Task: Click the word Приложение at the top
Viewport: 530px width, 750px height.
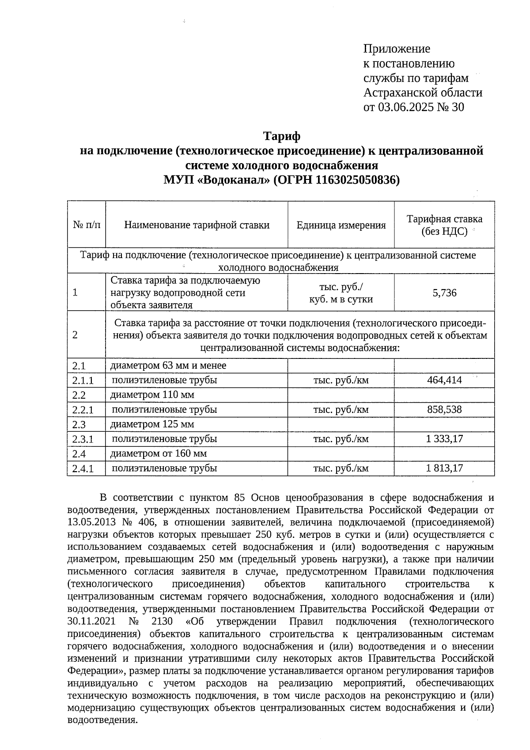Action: click(396, 49)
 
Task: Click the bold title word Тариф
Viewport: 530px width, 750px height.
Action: click(282, 136)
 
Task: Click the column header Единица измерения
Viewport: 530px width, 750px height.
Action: click(341, 225)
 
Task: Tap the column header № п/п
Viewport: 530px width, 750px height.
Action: click(87, 225)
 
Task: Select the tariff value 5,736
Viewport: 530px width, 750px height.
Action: click(444, 293)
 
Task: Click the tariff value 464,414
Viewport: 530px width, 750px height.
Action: click(444, 380)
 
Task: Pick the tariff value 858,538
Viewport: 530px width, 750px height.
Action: click(444, 410)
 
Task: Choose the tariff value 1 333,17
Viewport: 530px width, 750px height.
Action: click(444, 439)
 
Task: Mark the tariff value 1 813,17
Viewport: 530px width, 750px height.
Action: click(444, 468)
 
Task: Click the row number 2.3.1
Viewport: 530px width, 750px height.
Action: click(83, 439)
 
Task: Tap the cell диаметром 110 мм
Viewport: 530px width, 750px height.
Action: click(152, 395)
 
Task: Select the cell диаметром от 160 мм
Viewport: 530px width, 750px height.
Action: click(158, 453)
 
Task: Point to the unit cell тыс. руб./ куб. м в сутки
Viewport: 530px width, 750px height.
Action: click(341, 293)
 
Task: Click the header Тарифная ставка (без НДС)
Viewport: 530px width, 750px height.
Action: click(444, 225)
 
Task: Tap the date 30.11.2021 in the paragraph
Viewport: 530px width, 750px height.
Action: click(91, 621)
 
